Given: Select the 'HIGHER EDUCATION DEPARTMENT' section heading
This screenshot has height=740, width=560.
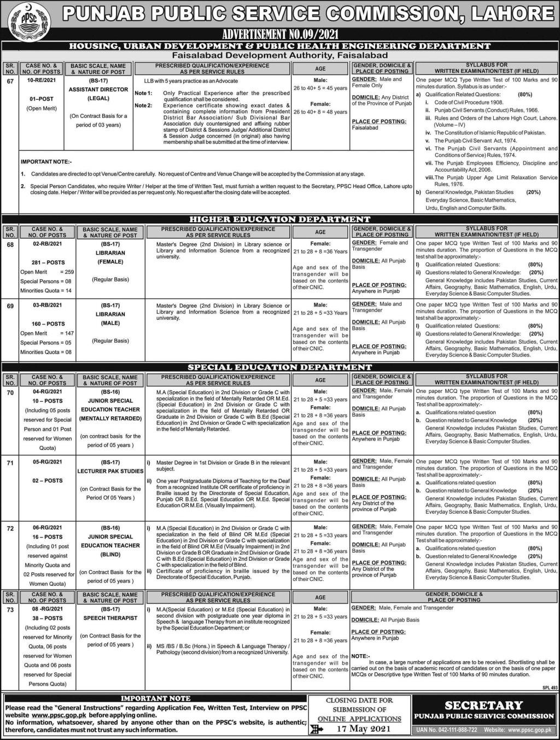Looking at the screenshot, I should point(280,219).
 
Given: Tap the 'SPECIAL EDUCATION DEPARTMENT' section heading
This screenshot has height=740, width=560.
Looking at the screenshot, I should point(280,367).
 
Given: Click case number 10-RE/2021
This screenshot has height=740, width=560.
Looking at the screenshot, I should point(41,80).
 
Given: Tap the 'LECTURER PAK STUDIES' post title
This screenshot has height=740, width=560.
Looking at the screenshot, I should point(110,471).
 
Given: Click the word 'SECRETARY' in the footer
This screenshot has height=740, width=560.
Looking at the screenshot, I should point(483,706).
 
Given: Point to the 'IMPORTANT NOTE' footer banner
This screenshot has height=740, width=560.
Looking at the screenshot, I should point(155,698).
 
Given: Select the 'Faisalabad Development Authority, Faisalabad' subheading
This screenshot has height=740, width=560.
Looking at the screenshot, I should point(279,55).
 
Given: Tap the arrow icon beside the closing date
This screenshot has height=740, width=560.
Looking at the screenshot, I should point(316,729).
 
